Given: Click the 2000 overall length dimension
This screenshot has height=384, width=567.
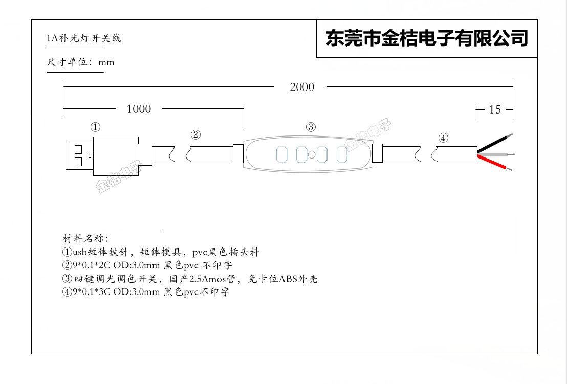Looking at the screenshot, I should tap(302, 87).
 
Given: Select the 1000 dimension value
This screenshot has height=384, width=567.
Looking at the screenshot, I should tap(139, 109).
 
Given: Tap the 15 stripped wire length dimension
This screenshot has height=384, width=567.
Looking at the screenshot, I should tap(495, 109).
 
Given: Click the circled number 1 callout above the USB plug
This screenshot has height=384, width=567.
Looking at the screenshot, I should tap(95, 127).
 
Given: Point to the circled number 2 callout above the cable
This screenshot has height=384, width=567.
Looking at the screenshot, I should tap(195, 135).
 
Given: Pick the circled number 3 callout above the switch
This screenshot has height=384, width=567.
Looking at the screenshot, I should tap(311, 127).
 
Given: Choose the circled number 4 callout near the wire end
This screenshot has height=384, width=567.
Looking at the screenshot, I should tap(443, 138).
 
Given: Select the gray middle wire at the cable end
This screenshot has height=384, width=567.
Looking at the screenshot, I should tap(495, 153).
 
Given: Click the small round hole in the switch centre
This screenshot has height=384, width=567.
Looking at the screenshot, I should tap(312, 154).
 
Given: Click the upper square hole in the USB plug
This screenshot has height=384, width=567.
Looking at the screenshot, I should tap(78, 150).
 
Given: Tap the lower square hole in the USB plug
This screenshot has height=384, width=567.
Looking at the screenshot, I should tap(78, 162).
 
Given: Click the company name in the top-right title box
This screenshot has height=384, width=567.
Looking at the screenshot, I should tap(427, 38).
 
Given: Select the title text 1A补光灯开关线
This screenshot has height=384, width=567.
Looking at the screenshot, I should tap(84, 38).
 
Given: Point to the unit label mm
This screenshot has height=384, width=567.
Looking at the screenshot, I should tap(106, 62).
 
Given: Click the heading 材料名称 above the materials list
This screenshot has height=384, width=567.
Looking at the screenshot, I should tap(84, 239).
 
